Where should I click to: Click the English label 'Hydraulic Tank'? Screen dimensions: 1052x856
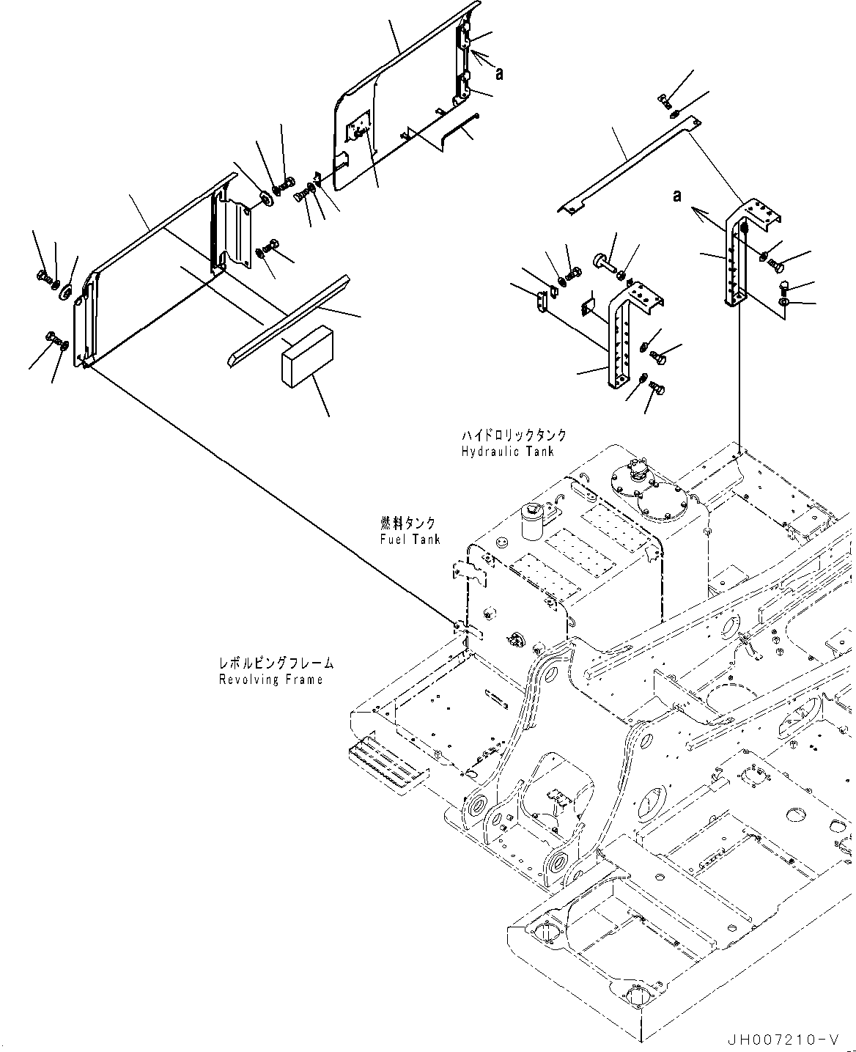point(507,452)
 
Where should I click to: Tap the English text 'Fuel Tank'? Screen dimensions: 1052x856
point(410,540)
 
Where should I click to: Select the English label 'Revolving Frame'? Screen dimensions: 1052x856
point(270,680)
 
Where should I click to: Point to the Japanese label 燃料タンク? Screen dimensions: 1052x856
point(407,523)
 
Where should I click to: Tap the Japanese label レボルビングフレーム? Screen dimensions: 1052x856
point(276,663)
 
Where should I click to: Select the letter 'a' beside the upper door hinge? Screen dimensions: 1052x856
point(500,73)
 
